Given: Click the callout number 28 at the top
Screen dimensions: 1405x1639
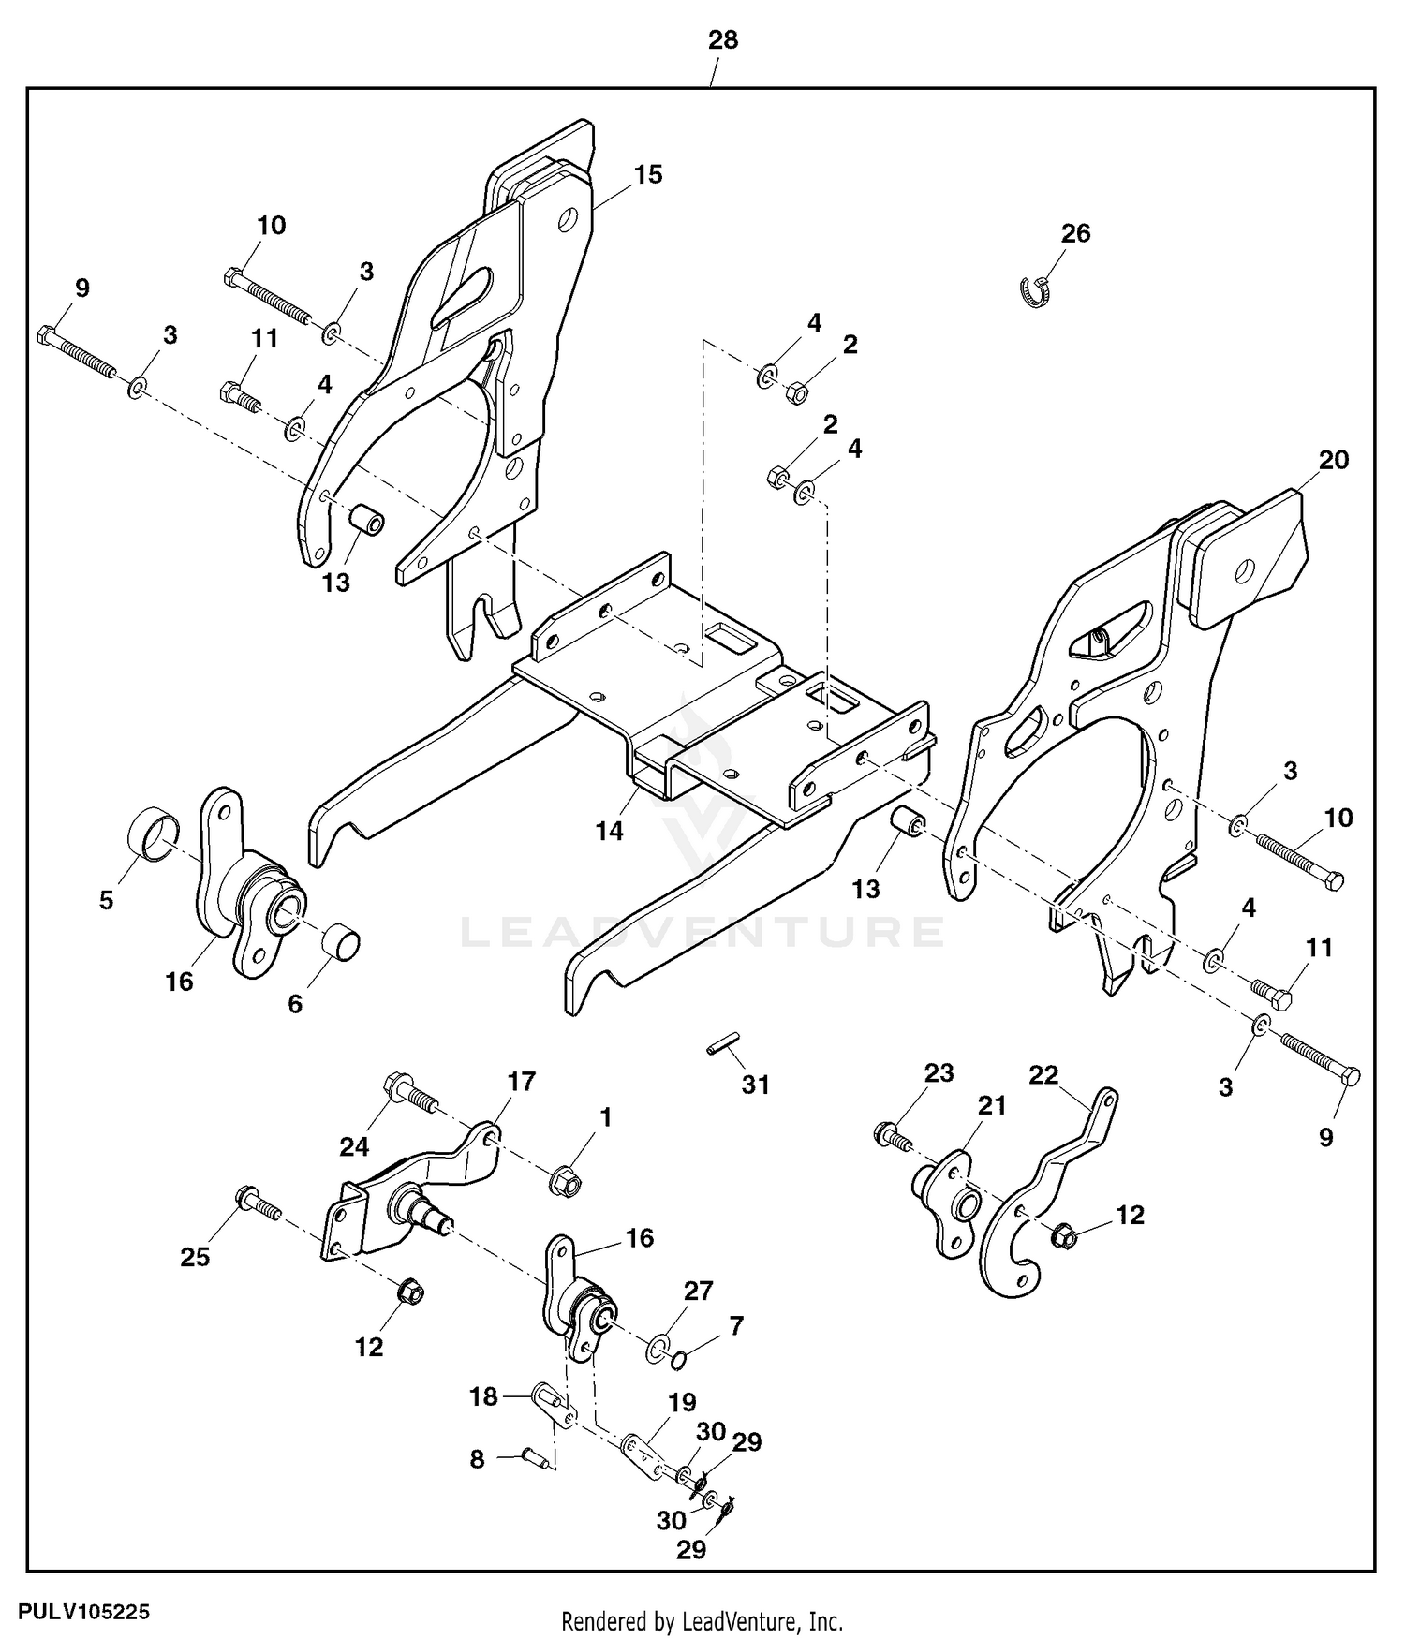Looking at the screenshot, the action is pyautogui.click(x=723, y=40).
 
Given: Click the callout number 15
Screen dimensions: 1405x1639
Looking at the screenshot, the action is pyautogui.click(x=647, y=175).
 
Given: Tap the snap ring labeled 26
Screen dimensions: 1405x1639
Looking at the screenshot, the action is pyautogui.click(x=1036, y=292).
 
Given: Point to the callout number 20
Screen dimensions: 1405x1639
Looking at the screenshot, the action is pyautogui.click(x=1334, y=460).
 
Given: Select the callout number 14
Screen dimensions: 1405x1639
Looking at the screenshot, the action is pyautogui.click(x=610, y=831).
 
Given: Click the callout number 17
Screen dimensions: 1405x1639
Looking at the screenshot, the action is pyautogui.click(x=522, y=1082).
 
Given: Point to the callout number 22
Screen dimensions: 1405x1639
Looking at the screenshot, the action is pyautogui.click(x=1043, y=1074).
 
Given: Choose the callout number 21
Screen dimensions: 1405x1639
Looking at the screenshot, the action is pyautogui.click(x=992, y=1106).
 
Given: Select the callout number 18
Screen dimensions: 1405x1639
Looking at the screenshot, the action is pyautogui.click(x=483, y=1397).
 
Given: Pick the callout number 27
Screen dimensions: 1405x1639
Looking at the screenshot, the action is pyautogui.click(x=699, y=1291).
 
